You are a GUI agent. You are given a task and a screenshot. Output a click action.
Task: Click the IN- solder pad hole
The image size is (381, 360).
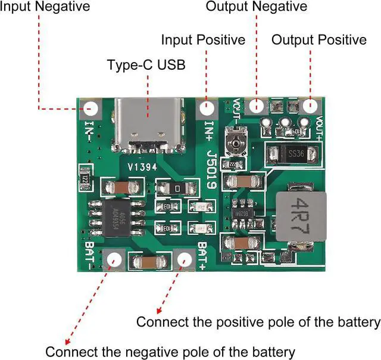pos(92,109)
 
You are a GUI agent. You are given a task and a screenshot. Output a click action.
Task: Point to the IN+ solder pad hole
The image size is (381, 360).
pos(207,108)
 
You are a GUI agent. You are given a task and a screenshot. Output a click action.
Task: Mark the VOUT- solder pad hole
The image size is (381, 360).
pos(257,106)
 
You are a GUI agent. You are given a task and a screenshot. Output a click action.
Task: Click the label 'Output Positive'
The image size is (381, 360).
pos(319,40)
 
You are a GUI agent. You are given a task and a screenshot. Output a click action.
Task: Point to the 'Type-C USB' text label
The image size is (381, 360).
pos(146,65)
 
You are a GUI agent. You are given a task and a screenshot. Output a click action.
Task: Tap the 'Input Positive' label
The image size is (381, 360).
pos(203,40)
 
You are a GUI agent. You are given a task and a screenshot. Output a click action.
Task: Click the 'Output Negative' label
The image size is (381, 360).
pos(257,7)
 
